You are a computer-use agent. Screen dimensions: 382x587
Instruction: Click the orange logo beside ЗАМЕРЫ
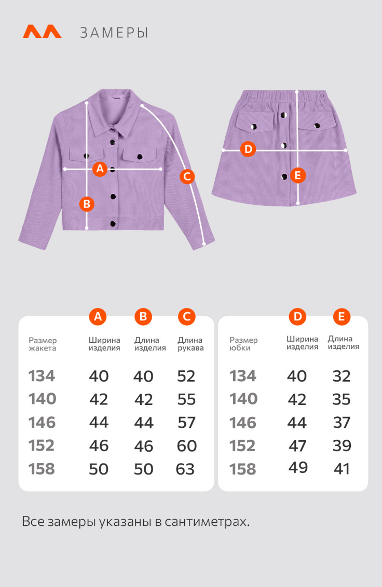pyautogui.click(x=42, y=32)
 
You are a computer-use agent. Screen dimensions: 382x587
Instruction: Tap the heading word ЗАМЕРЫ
pyautogui.click(x=114, y=33)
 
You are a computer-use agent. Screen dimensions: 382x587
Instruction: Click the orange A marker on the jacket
pyautogui.click(x=100, y=169)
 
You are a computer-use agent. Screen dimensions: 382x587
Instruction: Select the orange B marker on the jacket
pyautogui.click(x=87, y=204)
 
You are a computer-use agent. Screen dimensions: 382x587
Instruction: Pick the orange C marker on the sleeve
pyautogui.click(x=187, y=176)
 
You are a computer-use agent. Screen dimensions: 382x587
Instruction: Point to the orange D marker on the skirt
pyautogui.click(x=248, y=149)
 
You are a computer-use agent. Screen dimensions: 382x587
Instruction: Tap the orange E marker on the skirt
pyautogui.click(x=297, y=175)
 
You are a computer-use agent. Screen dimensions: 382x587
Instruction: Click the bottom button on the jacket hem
pyautogui.click(x=113, y=223)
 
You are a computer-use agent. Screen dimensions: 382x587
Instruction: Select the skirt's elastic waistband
pyautogui.click(x=288, y=96)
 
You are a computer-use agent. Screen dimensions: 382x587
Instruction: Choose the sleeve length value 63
pyautogui.click(x=185, y=469)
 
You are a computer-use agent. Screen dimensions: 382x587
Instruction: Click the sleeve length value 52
pyautogui.click(x=186, y=376)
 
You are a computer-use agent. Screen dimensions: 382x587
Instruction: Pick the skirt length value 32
pyautogui.click(x=342, y=376)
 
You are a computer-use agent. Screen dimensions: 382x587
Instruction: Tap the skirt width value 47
pyautogui.click(x=297, y=446)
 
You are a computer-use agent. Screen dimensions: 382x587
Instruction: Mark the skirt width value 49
pyautogui.click(x=298, y=467)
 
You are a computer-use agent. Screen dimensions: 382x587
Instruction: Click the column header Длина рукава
pyautogui.click(x=190, y=344)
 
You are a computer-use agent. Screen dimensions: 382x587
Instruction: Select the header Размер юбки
pyautogui.click(x=243, y=344)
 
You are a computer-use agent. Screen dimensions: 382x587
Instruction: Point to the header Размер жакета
pyautogui.click(x=43, y=344)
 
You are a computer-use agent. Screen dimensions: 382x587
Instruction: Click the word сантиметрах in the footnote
pyautogui.click(x=207, y=522)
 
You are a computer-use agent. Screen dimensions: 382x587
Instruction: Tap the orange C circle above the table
pyautogui.click(x=187, y=317)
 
